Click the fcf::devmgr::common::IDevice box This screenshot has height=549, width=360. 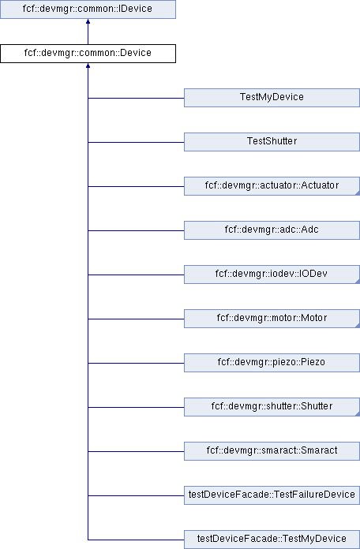88,9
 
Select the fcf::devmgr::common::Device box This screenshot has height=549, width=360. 88,54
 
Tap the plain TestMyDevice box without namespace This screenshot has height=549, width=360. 272,98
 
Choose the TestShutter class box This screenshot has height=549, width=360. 272,142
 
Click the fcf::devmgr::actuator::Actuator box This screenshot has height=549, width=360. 272,186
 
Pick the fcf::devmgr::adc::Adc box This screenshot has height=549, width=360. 272,230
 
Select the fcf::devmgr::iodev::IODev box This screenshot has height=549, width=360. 272,274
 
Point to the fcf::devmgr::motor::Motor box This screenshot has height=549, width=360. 272,318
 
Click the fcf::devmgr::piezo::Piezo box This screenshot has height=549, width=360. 272,362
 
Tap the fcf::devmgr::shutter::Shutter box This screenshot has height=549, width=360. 272,406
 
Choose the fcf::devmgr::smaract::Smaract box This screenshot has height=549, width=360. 272,450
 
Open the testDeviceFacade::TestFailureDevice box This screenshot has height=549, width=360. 272,495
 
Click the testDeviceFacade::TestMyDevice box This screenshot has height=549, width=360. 272,540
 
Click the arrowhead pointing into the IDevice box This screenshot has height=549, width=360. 88,21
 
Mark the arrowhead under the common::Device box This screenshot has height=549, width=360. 88,65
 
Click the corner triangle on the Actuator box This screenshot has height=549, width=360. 358,193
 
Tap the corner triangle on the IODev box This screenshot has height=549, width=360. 358,282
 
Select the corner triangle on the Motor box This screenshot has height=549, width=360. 358,326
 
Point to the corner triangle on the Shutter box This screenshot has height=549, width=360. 358,414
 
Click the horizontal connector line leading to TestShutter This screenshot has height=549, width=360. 136,142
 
